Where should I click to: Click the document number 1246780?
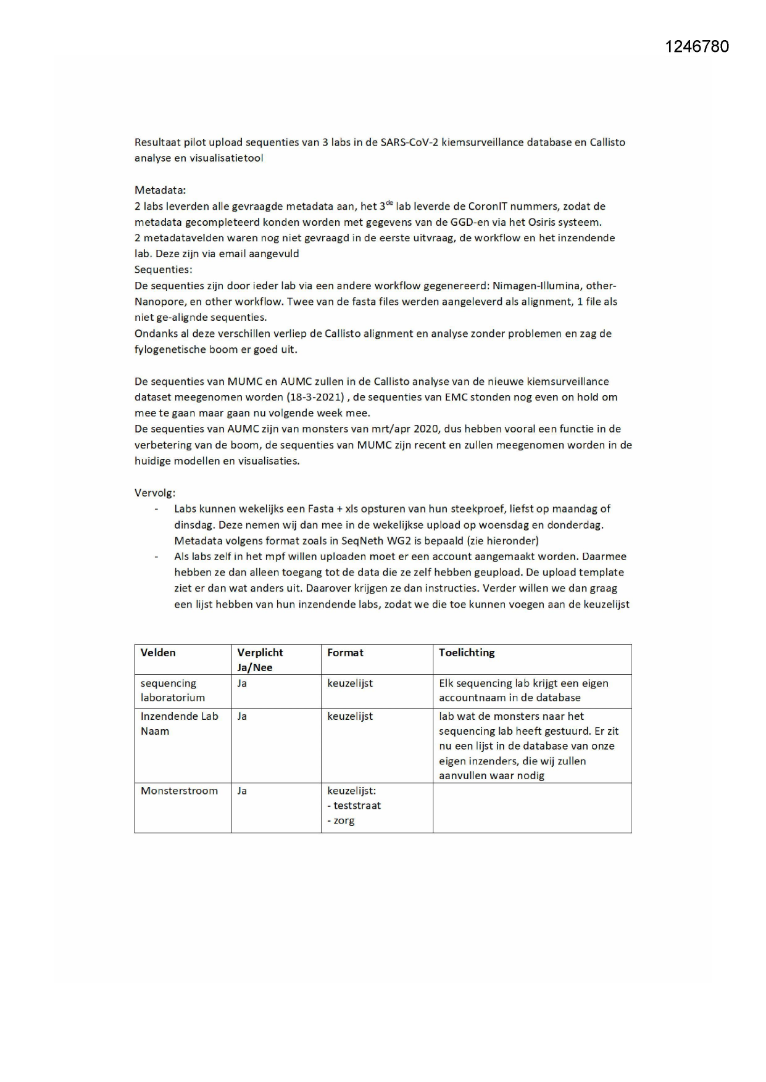[697, 47]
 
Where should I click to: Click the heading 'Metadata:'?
[160, 190]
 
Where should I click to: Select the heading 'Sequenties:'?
[163, 270]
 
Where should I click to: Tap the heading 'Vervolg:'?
[155, 493]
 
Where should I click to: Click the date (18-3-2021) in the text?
[314, 397]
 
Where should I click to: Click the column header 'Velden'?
[158, 653]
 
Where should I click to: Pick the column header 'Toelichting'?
[467, 653]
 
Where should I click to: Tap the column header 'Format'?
[345, 653]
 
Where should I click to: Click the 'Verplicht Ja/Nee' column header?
[260, 659]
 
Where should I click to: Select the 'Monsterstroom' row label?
[179, 791]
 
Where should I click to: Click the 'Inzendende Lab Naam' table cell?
[179, 724]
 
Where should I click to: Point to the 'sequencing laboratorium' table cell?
[172, 690]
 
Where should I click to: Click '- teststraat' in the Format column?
[354, 806]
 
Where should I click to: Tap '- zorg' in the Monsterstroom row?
[341, 820]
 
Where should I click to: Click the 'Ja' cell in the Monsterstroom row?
[242, 791]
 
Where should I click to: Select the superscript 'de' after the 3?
[390, 202]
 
